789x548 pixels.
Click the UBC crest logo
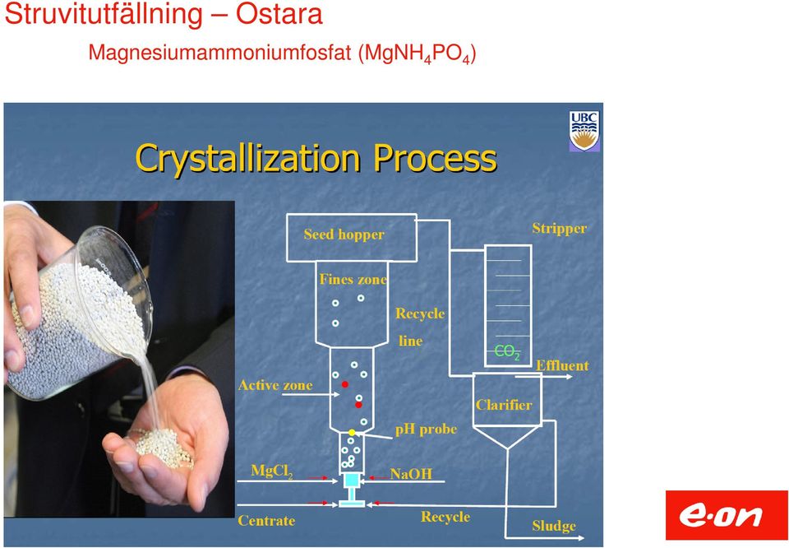click(x=584, y=131)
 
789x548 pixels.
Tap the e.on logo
click(x=727, y=515)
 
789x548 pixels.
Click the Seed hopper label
click(x=344, y=235)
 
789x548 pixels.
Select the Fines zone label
click(x=353, y=280)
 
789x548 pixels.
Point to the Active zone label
click(x=275, y=385)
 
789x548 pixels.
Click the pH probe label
click(x=427, y=430)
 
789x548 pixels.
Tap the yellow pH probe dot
click(x=352, y=433)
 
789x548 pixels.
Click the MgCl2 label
click(x=272, y=471)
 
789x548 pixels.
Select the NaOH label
click(x=411, y=473)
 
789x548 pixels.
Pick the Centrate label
click(x=266, y=520)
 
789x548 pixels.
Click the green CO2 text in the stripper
click(x=507, y=351)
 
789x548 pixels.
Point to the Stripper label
click(x=560, y=229)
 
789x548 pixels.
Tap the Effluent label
click(x=562, y=365)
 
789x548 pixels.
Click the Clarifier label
click(x=504, y=405)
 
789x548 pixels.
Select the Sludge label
click(x=554, y=527)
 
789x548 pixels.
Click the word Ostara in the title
click(x=279, y=14)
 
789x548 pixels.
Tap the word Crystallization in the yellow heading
click(x=247, y=159)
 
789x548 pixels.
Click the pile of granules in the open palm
click(x=164, y=447)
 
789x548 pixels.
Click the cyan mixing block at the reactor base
click(x=352, y=480)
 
